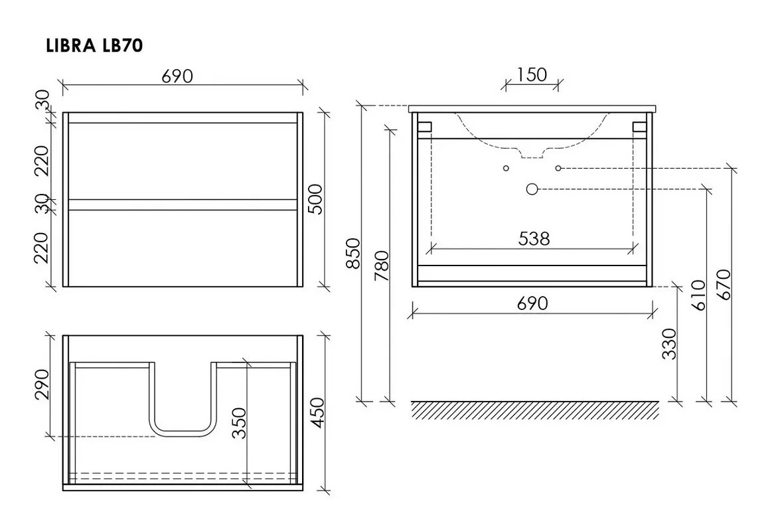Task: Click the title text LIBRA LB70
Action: (x=94, y=46)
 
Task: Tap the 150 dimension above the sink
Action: (x=532, y=74)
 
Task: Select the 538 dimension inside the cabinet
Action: (x=534, y=238)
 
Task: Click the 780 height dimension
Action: (x=381, y=265)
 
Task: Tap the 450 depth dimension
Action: (x=317, y=414)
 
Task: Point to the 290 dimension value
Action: (x=41, y=384)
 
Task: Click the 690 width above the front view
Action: (x=177, y=76)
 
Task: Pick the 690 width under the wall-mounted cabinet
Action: (x=532, y=303)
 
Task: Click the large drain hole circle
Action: (x=532, y=189)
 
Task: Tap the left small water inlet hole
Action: (x=506, y=168)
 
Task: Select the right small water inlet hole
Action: (x=558, y=168)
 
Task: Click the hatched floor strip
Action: (x=534, y=410)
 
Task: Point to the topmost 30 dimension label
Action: (x=42, y=102)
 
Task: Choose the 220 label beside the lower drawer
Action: (x=42, y=247)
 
